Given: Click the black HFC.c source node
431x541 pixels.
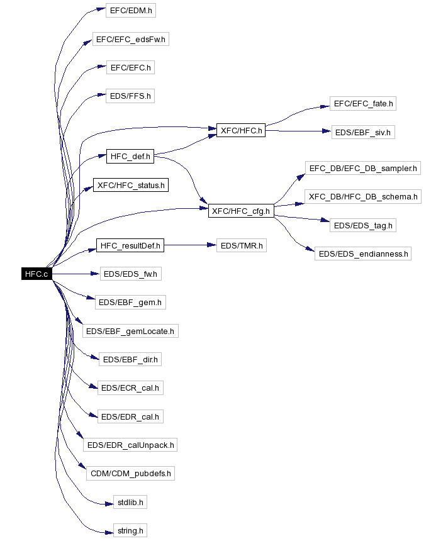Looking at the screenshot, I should (36, 274).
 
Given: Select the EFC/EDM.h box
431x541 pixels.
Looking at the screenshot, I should (130, 11).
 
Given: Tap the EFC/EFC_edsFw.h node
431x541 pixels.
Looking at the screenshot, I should (130, 39).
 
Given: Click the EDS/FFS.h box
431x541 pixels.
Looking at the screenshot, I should (130, 96).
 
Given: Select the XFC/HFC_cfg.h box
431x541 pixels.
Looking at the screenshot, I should (241, 211).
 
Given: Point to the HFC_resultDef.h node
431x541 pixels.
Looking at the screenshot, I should (130, 245).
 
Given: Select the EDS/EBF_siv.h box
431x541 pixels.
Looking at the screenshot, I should (363, 133).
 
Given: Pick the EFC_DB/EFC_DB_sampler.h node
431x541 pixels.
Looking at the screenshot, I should (363, 168).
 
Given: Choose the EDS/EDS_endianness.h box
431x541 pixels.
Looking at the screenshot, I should (363, 254).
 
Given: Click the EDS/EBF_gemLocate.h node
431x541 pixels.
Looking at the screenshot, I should (131, 331).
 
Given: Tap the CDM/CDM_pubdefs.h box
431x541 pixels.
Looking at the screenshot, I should (130, 473).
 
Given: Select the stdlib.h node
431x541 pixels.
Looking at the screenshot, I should (130, 502).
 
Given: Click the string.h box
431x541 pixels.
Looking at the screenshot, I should (130, 530).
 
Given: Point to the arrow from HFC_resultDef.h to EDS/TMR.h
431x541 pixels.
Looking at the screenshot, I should (189, 245).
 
